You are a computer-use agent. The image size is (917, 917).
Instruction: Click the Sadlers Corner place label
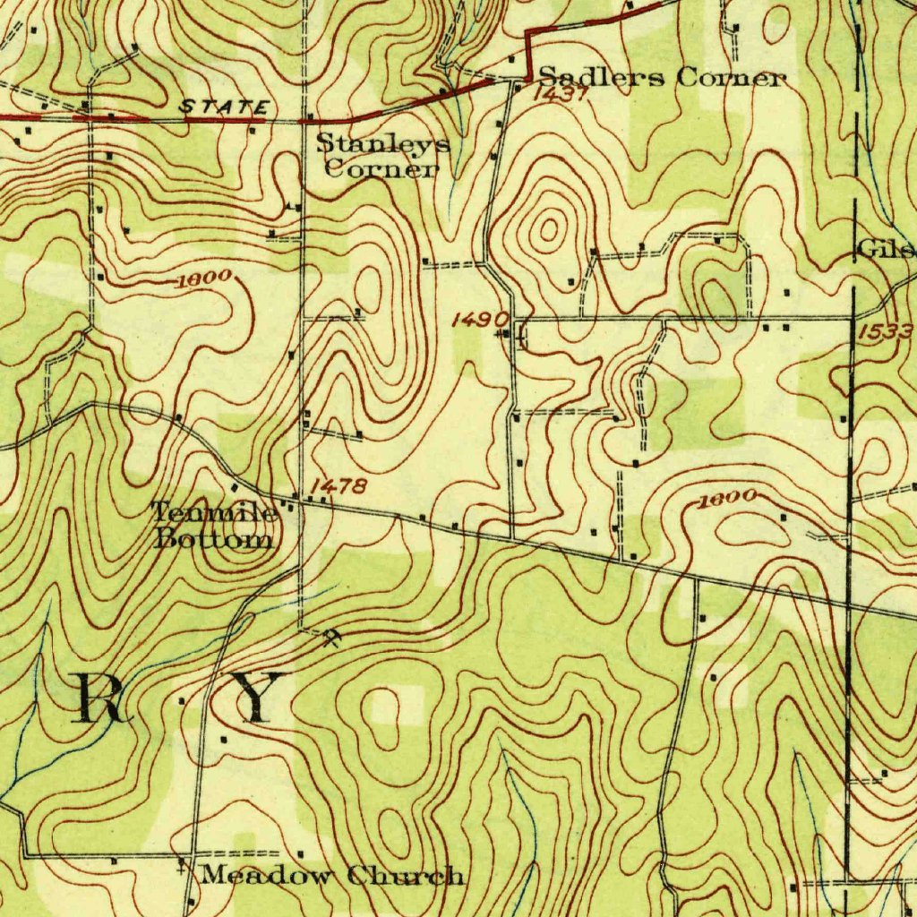coord(663,78)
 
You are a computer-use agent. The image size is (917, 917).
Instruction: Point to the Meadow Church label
coord(332,875)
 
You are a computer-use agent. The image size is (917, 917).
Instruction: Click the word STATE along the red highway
coord(224,107)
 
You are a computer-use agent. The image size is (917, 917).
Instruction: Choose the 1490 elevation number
coord(480,319)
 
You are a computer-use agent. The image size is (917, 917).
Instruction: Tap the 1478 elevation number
coord(338,486)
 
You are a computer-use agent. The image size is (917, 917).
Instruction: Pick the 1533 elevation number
coord(886,332)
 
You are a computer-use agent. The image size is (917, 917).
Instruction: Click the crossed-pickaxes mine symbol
coord(332,638)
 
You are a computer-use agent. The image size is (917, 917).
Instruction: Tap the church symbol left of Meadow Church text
coord(182,866)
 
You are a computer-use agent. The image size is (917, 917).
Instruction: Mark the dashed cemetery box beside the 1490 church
coord(521,337)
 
